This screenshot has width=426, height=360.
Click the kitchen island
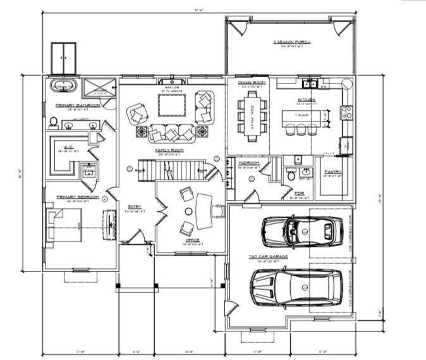click(x=301, y=116)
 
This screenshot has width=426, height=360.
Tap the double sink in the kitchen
click(x=310, y=83)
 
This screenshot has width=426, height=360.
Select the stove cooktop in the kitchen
click(x=347, y=113)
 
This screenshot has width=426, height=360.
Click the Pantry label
click(x=332, y=172)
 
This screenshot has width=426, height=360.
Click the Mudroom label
click(x=248, y=163)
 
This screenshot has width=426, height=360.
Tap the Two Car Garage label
click(x=268, y=257)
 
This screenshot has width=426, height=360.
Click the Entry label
click(x=135, y=206)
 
